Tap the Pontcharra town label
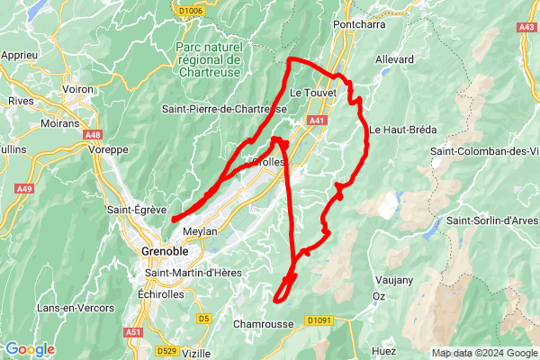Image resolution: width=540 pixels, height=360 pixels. (358, 24)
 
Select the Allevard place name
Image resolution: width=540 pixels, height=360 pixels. (394, 59)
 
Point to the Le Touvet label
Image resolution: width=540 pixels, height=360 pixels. (313, 93)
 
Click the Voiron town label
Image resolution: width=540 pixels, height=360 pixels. (80, 90)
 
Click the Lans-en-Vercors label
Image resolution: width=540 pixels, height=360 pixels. (75, 308)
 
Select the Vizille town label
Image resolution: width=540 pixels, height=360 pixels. (197, 354)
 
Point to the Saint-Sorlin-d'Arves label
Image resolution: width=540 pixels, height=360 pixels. (492, 220)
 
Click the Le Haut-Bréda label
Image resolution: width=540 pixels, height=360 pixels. (402, 129)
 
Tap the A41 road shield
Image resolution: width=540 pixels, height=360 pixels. (316, 120)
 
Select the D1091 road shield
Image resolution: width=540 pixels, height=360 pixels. (319, 319)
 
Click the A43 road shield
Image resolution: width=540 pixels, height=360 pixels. (526, 28)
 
